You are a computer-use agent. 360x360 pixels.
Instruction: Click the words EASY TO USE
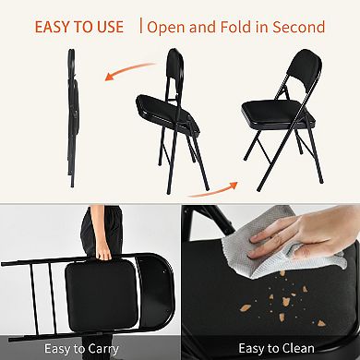(79, 26)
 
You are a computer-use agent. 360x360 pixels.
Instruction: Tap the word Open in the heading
(169, 26)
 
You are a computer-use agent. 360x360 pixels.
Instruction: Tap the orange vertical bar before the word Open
(141, 26)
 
